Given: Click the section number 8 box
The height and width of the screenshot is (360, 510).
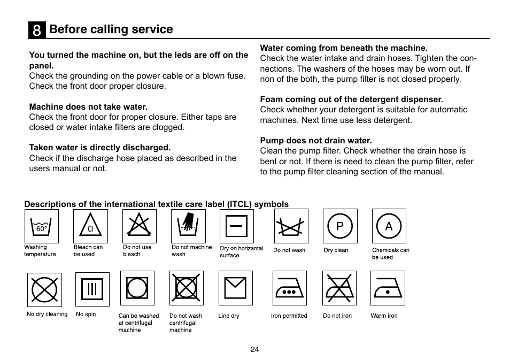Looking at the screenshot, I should pyautogui.click(x=36, y=30).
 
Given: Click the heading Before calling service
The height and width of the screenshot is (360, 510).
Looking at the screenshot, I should pyautogui.click(x=111, y=29).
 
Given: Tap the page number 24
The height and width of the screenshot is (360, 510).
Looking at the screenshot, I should pyautogui.click(x=254, y=349).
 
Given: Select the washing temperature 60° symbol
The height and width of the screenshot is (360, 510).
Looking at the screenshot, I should pyautogui.click(x=41, y=226).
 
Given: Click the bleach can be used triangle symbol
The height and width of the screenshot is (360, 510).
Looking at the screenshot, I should pyautogui.click(x=90, y=226).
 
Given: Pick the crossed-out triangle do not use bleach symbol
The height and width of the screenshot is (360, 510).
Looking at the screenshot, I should pyautogui.click(x=139, y=226).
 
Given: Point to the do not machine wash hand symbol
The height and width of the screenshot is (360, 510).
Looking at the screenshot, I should pyautogui.click(x=188, y=226).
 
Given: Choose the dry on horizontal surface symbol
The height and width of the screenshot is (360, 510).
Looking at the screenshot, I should pyautogui.click(x=236, y=226).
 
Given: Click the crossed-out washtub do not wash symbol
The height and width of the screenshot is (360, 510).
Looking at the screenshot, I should pyautogui.click(x=291, y=226).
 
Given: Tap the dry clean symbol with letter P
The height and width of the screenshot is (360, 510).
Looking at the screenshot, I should pyautogui.click(x=340, y=226).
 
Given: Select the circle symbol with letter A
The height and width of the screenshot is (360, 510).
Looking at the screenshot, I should pyautogui.click(x=389, y=226).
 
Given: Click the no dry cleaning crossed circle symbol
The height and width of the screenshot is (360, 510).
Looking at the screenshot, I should pyautogui.click(x=44, y=290).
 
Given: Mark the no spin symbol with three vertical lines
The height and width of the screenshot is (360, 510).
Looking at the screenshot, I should pyautogui.click(x=92, y=289).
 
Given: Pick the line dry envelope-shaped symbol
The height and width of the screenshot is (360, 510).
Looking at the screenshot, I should pyautogui.click(x=235, y=288).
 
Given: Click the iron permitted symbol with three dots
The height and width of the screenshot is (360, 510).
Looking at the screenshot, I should pyautogui.click(x=290, y=288).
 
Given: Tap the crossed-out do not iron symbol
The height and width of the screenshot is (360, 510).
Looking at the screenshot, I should pyautogui.click(x=339, y=288).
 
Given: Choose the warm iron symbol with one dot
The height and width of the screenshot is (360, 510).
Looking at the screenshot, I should pyautogui.click(x=388, y=288).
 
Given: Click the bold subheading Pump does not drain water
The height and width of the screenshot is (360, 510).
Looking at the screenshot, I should pyautogui.click(x=315, y=141).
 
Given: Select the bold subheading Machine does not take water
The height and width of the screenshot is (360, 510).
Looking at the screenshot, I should pyautogui.click(x=88, y=107).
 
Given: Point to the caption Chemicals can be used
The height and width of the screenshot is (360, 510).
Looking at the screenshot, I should pyautogui.click(x=390, y=254).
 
